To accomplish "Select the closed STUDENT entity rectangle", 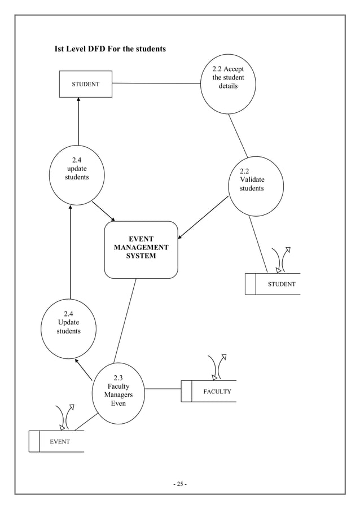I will [x=86, y=84].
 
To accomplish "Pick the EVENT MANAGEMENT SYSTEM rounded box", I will [x=141, y=249].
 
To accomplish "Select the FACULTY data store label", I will [x=217, y=391].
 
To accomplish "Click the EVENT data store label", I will [x=59, y=441].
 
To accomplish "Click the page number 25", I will [x=179, y=484].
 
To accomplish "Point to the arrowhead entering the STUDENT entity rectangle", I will [x=78, y=100].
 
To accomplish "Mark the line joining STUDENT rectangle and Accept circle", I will [x=156, y=84].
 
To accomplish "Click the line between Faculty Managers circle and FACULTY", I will [x=163, y=389].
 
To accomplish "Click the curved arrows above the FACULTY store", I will [x=217, y=367].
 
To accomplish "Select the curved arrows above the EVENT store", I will [x=64, y=417].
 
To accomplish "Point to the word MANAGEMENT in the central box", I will [x=141, y=248].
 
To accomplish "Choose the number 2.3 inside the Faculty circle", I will [x=118, y=378].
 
